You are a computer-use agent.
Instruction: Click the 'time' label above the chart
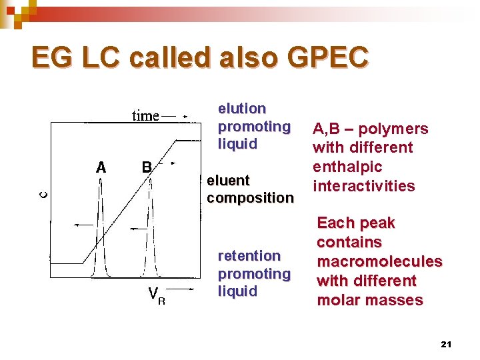coord(145,116)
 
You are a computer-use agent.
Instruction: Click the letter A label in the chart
coord(101,167)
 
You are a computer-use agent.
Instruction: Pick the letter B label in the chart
coord(145,167)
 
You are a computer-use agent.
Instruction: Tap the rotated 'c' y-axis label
coord(42,194)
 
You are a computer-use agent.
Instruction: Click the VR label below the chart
coord(156,294)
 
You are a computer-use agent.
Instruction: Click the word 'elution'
coord(242,108)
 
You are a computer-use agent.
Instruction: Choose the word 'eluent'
coord(228,180)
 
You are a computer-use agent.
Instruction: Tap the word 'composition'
coord(249,198)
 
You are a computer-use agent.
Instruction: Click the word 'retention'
coord(249,255)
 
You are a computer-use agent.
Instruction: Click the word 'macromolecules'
coord(379,261)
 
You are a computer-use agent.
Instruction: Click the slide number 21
coord(446,344)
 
